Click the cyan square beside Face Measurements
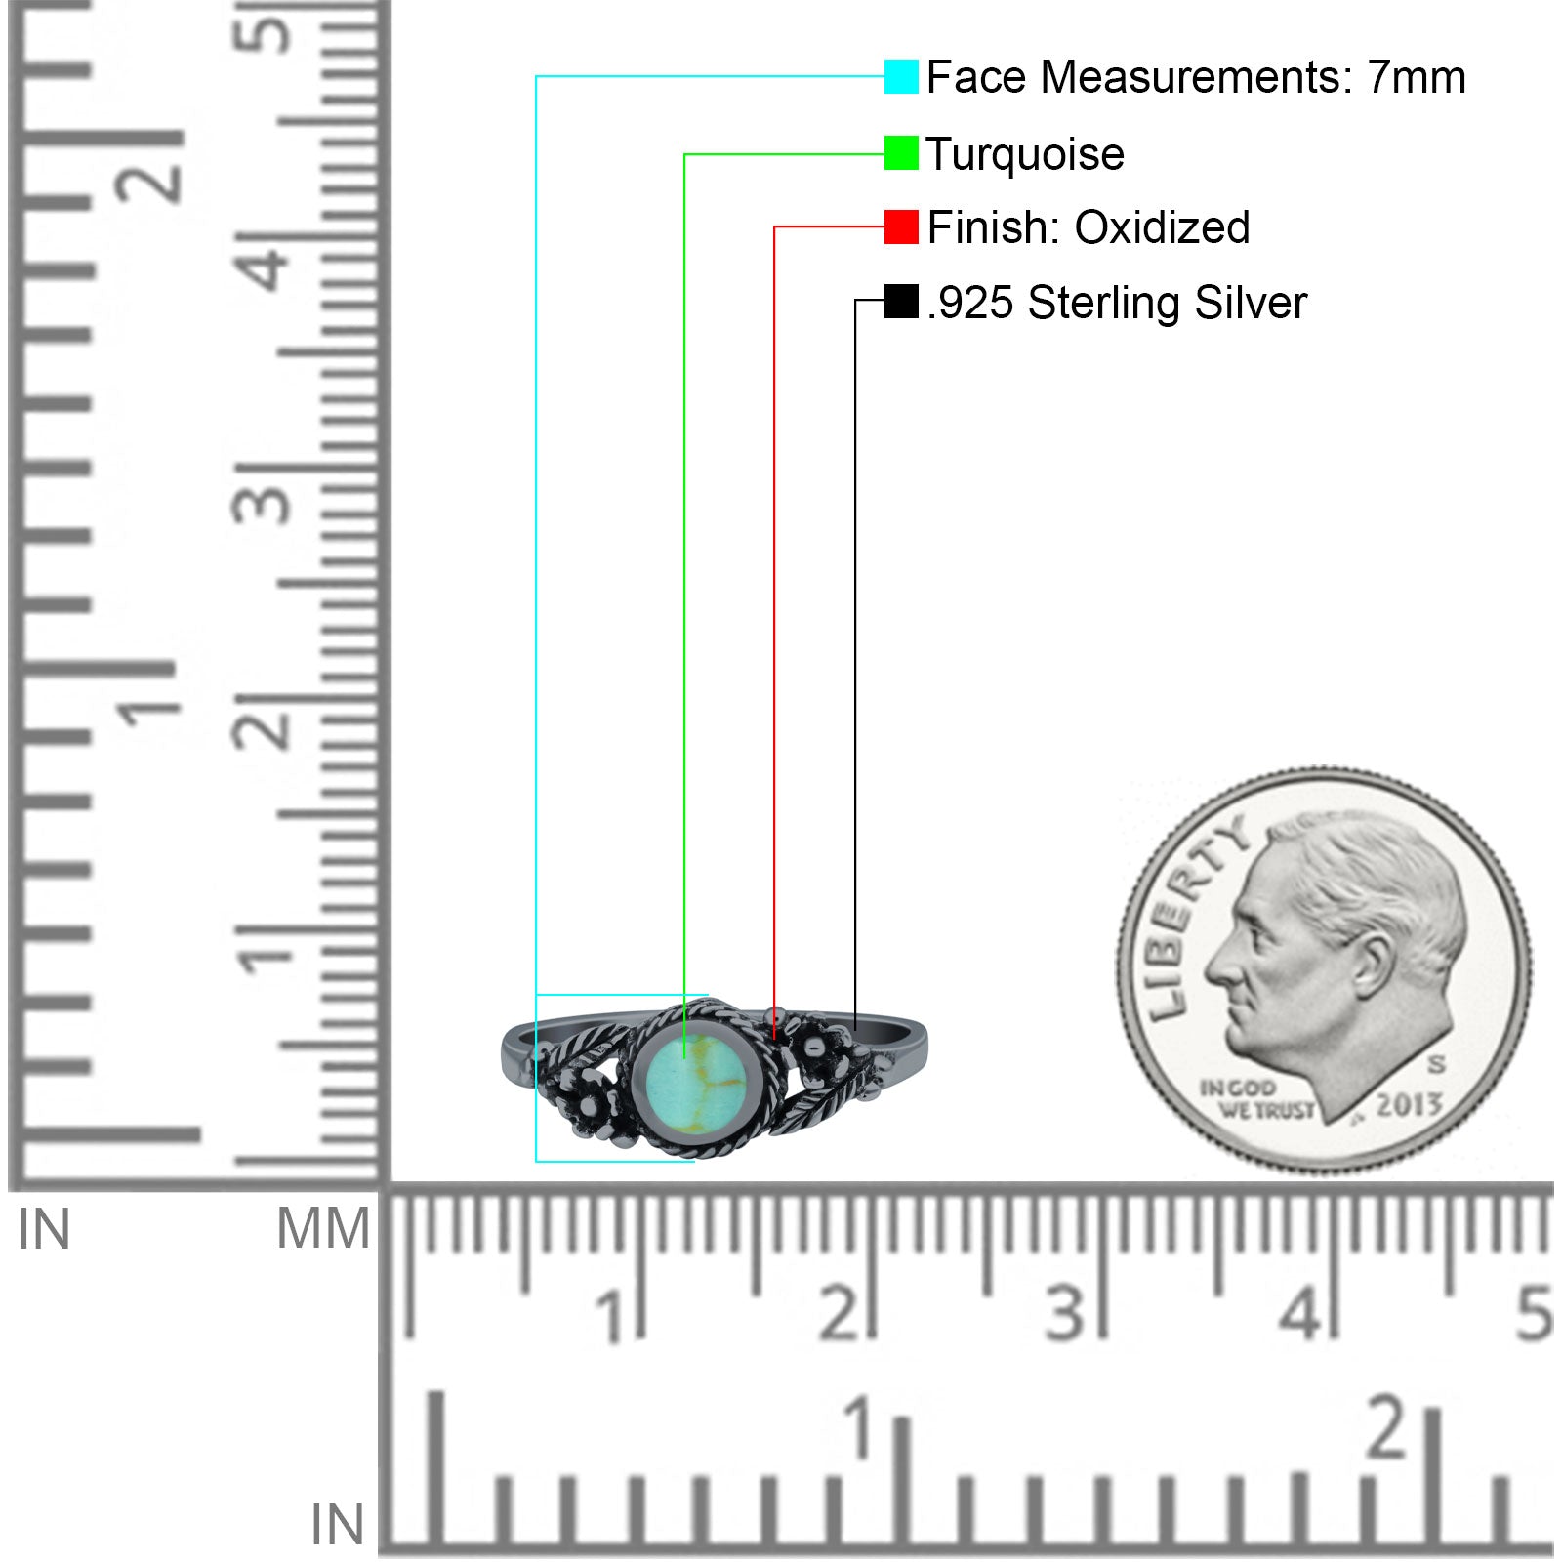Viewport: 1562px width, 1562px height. coord(901,76)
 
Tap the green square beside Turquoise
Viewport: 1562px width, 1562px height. coord(901,152)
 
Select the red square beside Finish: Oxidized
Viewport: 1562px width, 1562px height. coord(901,226)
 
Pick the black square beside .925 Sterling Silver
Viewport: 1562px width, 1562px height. coord(901,301)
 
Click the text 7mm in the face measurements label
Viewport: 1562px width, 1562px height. coord(1416,77)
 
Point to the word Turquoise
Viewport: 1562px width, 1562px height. coord(1025,155)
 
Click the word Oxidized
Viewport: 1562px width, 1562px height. coord(1162,227)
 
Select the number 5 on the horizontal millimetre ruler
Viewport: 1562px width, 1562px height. coord(1534,1313)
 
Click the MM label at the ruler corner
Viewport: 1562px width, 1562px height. coord(323,1229)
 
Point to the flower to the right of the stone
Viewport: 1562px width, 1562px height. coord(813,1052)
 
